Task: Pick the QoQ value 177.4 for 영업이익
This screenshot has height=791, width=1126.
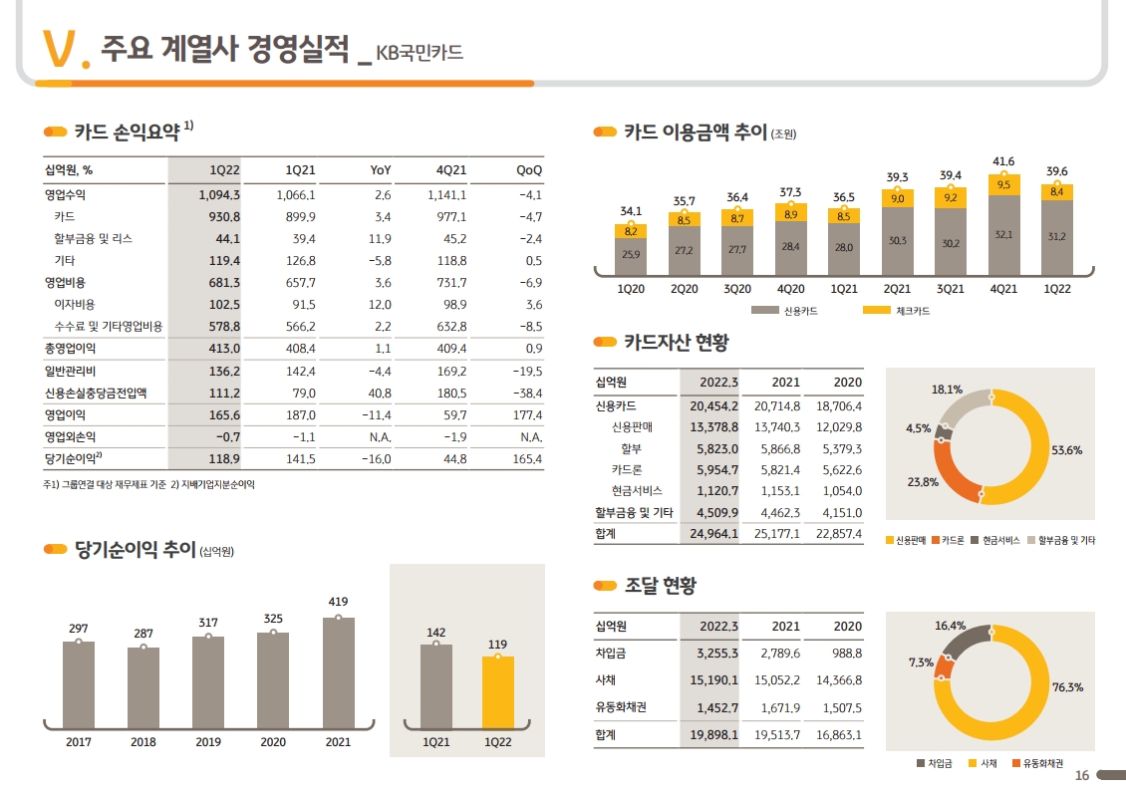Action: [x=525, y=415]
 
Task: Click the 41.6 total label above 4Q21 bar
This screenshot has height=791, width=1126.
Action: [x=1003, y=161]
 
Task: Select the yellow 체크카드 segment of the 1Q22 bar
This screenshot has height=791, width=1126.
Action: [x=1057, y=192]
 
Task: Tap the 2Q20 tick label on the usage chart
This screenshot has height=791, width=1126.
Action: [x=684, y=290]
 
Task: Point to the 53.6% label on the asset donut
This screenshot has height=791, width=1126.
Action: [x=1066, y=450]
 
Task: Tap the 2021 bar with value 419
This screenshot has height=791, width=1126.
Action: [x=338, y=672]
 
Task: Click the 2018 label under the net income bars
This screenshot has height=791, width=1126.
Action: [x=143, y=742]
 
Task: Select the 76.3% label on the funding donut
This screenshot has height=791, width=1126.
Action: [x=1067, y=687]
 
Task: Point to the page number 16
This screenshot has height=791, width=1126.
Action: [x=1082, y=777]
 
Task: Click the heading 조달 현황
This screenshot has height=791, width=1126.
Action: [x=660, y=586]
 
